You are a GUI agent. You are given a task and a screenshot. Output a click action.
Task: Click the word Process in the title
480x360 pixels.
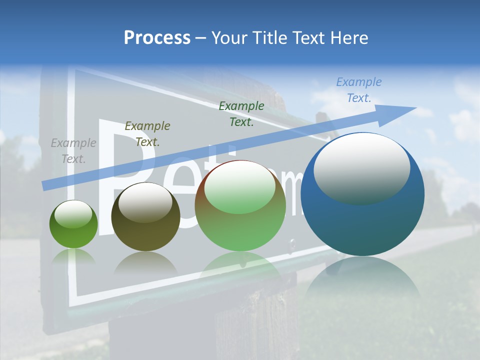pos(157,38)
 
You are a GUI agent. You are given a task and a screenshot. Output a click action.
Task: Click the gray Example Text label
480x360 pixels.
pos(73,151)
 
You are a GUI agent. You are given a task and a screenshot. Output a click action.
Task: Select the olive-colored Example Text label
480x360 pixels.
pos(147,133)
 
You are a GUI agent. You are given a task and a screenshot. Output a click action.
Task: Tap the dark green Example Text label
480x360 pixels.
pos(241,113)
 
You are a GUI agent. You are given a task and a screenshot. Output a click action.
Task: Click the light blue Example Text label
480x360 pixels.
pos(359,90)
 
